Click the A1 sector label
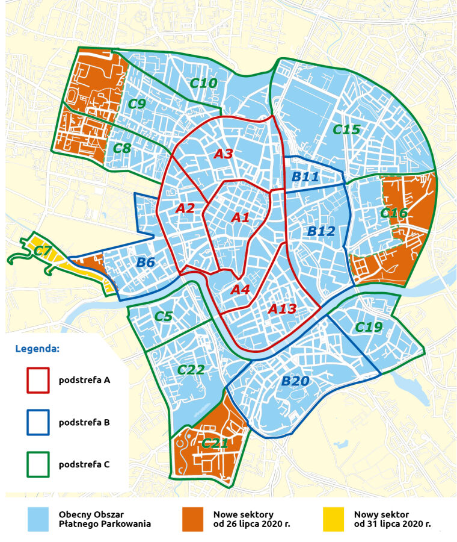click(241, 217)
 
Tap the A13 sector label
click(282, 309)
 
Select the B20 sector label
click(295, 381)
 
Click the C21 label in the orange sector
click(214, 444)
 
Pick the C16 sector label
click(394, 213)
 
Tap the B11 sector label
click(305, 177)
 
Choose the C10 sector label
click(204, 83)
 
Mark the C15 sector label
click(346, 129)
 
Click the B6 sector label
click(146, 263)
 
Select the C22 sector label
click(192, 370)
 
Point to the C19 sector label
click(369, 327)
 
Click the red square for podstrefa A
click(38, 380)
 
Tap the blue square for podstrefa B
click(38, 422)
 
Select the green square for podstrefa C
click(38, 464)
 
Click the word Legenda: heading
click(37, 349)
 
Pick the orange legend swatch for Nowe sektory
click(195, 519)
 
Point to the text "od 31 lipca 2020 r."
click(392, 525)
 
